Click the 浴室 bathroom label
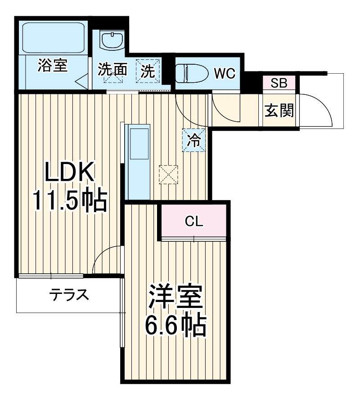52,66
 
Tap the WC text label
224,73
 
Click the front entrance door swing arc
318,110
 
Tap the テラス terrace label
68,295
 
